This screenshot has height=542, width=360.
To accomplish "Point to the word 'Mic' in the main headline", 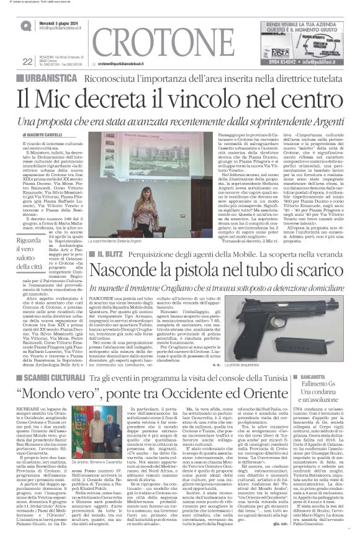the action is click(x=68, y=97).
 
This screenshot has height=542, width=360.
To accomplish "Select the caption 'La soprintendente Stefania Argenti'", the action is click(x=133, y=241).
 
